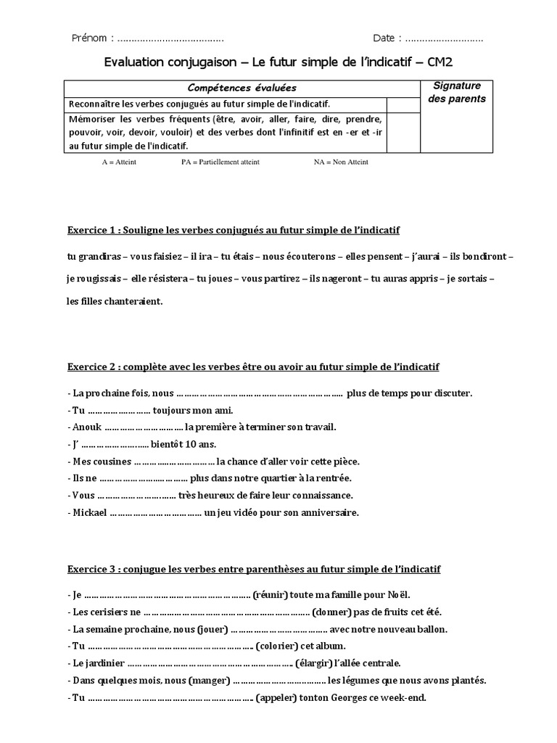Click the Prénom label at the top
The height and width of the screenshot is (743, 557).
(x=91, y=38)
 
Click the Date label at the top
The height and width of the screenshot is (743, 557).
(x=387, y=38)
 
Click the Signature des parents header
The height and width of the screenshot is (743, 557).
(x=457, y=92)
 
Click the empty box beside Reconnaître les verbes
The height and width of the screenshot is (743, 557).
(x=399, y=104)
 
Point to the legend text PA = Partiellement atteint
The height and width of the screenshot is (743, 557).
(x=220, y=163)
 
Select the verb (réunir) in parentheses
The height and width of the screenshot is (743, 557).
(x=271, y=595)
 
